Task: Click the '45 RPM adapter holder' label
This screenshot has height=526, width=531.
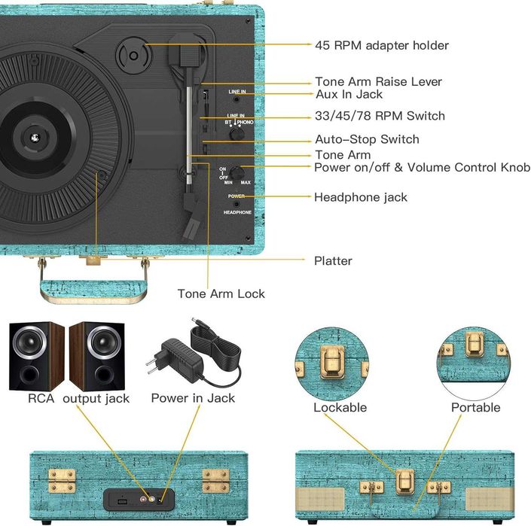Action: click(x=381, y=45)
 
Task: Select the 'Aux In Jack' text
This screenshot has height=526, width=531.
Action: click(x=349, y=94)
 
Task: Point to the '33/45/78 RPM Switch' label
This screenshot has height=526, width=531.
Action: click(x=380, y=116)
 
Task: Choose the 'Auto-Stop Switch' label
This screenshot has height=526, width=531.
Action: click(x=367, y=139)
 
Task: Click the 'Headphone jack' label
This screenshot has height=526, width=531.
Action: click(x=360, y=197)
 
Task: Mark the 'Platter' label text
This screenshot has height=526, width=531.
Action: click(x=333, y=261)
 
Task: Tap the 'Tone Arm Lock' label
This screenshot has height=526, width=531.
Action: click(x=221, y=293)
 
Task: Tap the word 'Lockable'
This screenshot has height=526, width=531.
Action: click(x=340, y=407)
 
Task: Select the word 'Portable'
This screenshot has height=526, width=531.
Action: click(x=475, y=407)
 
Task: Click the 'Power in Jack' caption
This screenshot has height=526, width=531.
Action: click(x=193, y=398)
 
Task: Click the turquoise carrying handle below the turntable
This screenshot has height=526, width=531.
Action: click(x=93, y=288)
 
